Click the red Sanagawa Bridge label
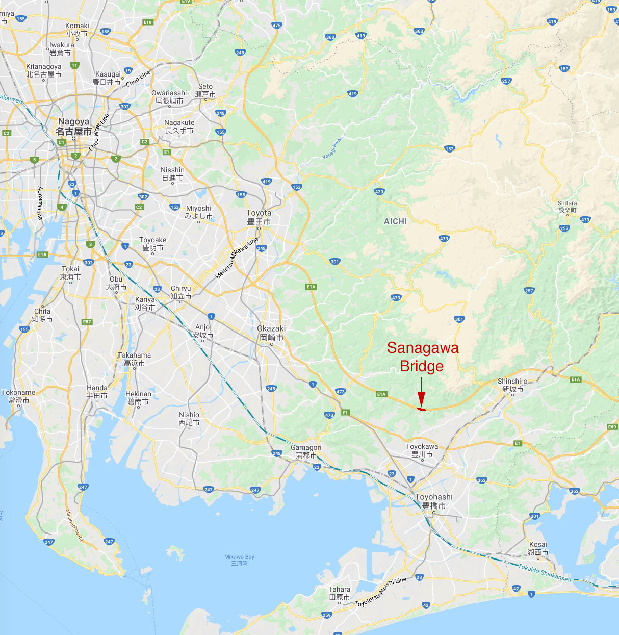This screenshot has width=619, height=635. [422, 357]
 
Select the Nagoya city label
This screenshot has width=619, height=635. [74, 126]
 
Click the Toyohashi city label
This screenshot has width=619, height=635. [434, 501]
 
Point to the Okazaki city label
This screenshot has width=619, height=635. [271, 333]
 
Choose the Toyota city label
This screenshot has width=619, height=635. [259, 217]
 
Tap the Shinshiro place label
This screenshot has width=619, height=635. [512, 385]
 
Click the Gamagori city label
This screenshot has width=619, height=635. [306, 451]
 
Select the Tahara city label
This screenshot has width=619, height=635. [340, 593]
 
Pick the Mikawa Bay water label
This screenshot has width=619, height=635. [239, 560]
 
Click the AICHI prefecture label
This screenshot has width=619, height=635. [395, 221]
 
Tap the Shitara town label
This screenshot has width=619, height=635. [567, 206]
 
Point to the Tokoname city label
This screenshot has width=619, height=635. [19, 396]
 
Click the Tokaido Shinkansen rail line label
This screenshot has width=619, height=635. [545, 573]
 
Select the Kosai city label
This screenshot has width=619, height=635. [538, 548]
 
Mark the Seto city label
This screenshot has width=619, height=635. [205, 90]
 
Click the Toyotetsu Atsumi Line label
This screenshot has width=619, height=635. [381, 592]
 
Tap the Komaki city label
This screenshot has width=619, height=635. [77, 30]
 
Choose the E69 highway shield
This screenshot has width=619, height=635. [612, 426]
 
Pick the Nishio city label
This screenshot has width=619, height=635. [189, 419]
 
